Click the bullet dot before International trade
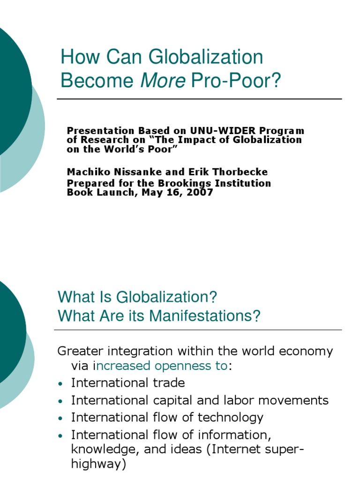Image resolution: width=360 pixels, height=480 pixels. click(x=60, y=384)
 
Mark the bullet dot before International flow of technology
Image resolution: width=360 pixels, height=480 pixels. click(x=60, y=418)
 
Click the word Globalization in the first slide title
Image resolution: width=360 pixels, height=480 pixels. click(x=206, y=57)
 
